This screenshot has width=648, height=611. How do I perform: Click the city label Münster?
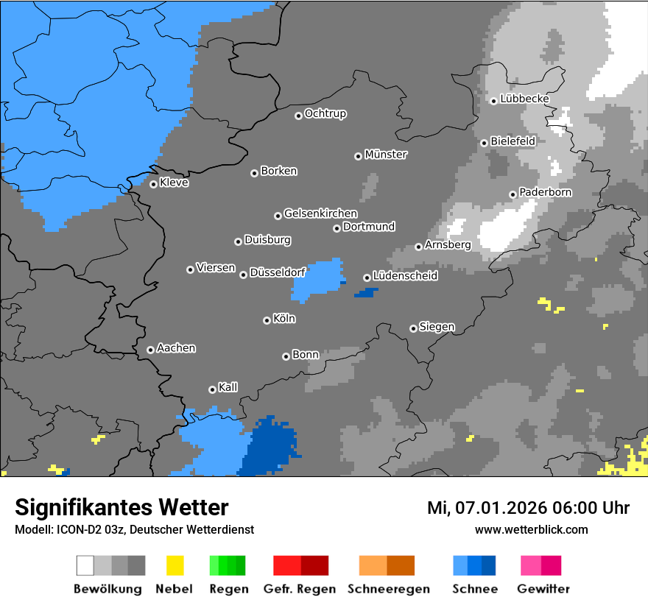click(386, 155)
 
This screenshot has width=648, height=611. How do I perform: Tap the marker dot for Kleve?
click(153, 184)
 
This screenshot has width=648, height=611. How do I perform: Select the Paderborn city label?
click(545, 193)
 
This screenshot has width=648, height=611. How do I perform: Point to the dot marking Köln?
click(267, 320)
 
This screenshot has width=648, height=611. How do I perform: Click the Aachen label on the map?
click(176, 348)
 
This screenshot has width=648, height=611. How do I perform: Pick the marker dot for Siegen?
click(413, 328)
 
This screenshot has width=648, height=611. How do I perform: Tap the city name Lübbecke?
click(524, 99)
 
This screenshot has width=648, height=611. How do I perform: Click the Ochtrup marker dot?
click(298, 115)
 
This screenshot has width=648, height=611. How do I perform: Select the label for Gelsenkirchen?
click(320, 213)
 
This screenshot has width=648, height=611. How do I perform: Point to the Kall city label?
click(228, 387)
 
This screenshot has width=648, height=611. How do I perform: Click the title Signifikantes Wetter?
click(121, 507)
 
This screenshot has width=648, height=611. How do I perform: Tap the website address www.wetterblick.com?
click(531, 530)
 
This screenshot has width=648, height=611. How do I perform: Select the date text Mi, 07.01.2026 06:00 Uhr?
click(528, 508)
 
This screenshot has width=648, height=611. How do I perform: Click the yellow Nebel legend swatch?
click(175, 565)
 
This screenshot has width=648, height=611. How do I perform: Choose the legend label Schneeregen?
click(387, 589)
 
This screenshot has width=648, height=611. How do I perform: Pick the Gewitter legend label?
click(543, 589)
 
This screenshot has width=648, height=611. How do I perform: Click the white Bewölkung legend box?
click(85, 565)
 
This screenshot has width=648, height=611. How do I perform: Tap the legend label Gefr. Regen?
click(300, 589)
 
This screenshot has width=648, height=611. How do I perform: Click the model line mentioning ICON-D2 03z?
click(134, 530)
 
